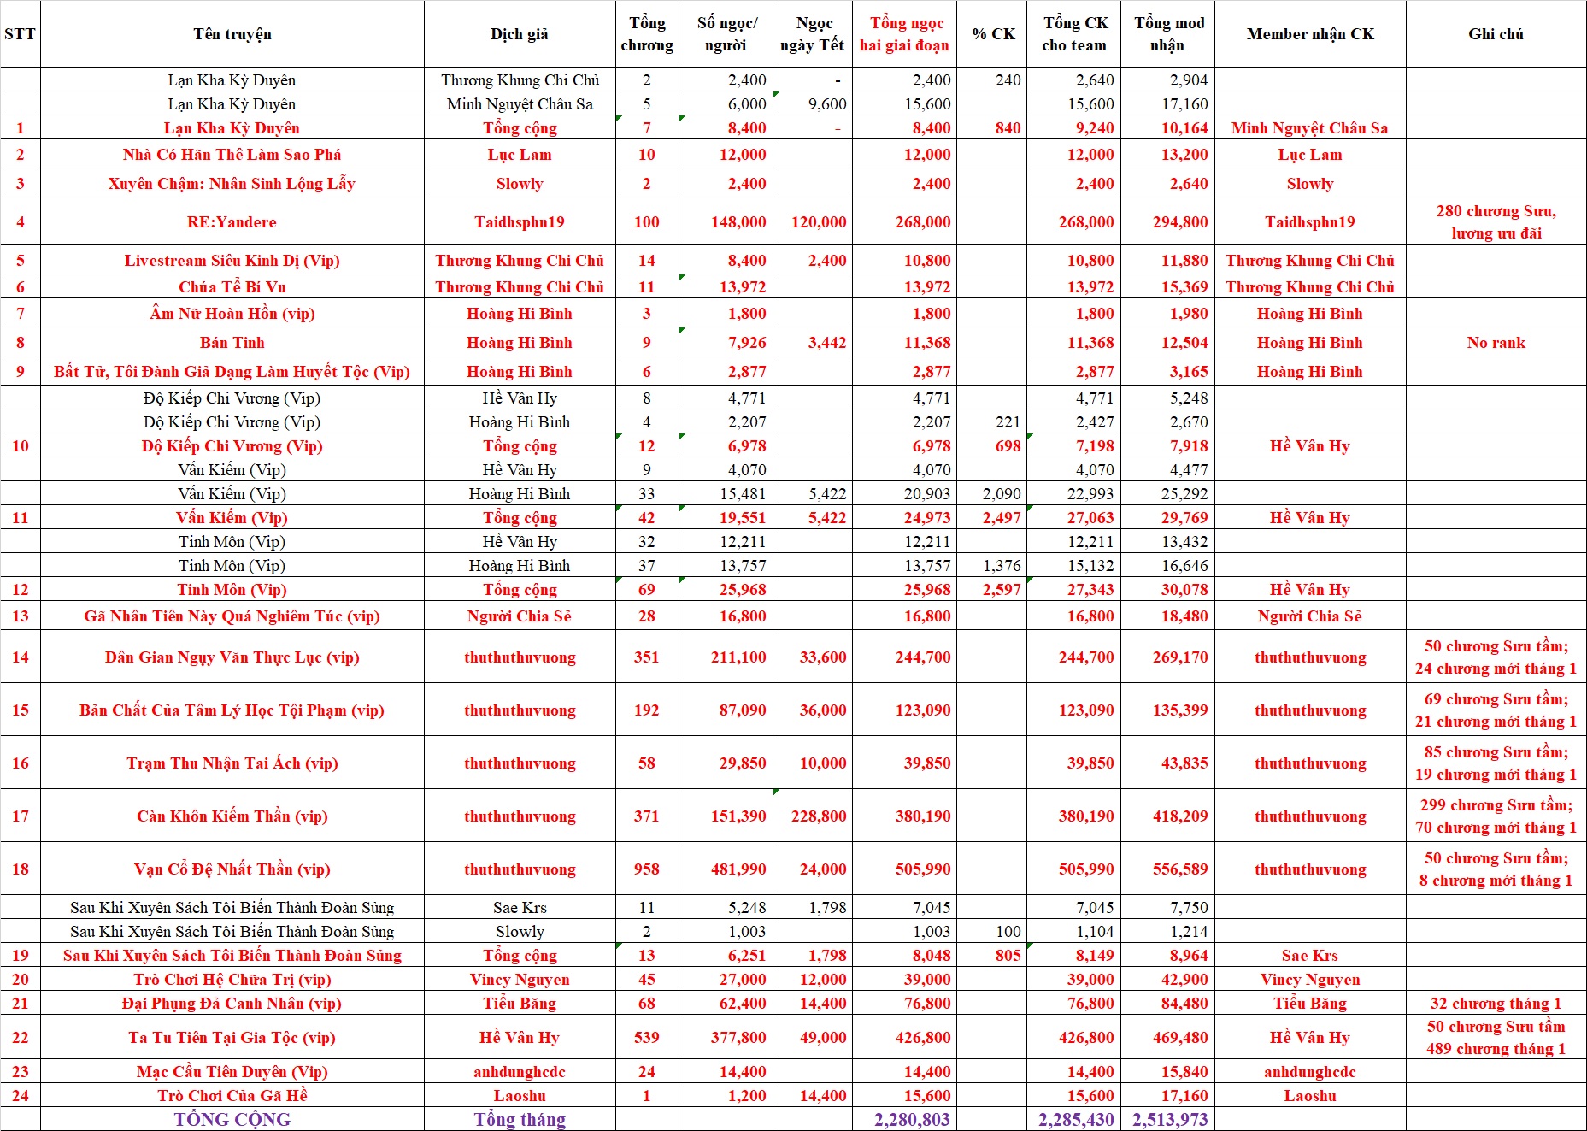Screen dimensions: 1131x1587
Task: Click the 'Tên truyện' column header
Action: (x=232, y=34)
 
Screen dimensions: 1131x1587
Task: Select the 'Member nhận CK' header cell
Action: (x=1310, y=34)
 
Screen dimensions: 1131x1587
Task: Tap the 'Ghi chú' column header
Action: (x=1496, y=34)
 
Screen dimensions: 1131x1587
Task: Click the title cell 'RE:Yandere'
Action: (x=232, y=222)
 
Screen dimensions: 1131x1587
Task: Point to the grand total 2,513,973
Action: (x=1169, y=1119)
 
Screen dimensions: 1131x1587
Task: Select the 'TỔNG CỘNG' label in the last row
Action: (x=232, y=1119)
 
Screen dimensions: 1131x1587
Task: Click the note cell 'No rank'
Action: (x=1496, y=343)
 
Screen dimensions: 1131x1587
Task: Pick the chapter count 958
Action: (x=646, y=869)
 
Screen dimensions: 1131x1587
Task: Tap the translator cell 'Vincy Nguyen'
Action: (x=520, y=980)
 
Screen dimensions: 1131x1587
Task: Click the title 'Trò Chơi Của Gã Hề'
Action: (x=232, y=1096)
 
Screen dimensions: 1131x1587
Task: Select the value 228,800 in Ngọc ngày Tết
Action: (x=819, y=816)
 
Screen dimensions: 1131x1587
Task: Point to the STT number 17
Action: (x=21, y=816)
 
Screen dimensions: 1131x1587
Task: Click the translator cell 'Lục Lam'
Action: (x=520, y=155)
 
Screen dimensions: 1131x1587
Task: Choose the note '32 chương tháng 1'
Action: (x=1496, y=1004)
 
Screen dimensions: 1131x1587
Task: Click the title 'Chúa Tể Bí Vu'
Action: (x=232, y=287)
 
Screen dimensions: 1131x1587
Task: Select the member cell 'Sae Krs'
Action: (x=1310, y=956)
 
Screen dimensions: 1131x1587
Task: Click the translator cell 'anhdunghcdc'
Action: (x=520, y=1072)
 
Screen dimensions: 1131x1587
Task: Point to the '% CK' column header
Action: (x=993, y=34)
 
